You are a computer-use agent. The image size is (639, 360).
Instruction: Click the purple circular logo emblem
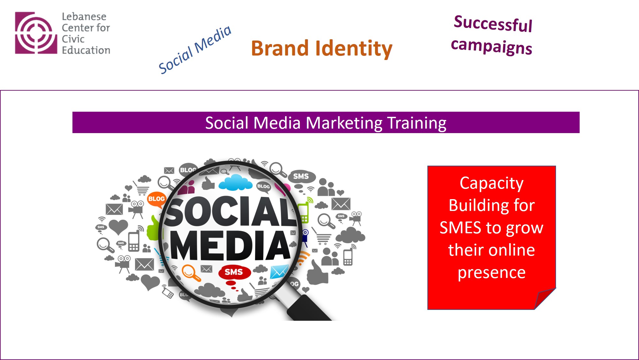[36, 33]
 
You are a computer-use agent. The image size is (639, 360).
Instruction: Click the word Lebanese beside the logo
[84, 17]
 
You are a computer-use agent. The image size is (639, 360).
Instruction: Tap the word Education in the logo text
[86, 50]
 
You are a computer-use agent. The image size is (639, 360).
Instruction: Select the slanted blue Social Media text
[195, 49]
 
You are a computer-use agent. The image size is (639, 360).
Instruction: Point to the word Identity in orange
[354, 49]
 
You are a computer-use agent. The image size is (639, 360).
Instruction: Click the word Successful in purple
[493, 24]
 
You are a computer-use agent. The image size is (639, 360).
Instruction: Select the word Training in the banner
[417, 123]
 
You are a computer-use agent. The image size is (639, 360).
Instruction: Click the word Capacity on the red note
[492, 184]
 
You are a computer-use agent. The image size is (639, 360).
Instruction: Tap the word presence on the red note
[492, 273]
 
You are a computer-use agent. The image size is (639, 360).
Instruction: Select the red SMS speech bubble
[234, 273]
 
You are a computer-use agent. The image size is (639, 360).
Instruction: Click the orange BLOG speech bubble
[156, 199]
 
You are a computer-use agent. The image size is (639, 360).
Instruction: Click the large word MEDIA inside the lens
[230, 245]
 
